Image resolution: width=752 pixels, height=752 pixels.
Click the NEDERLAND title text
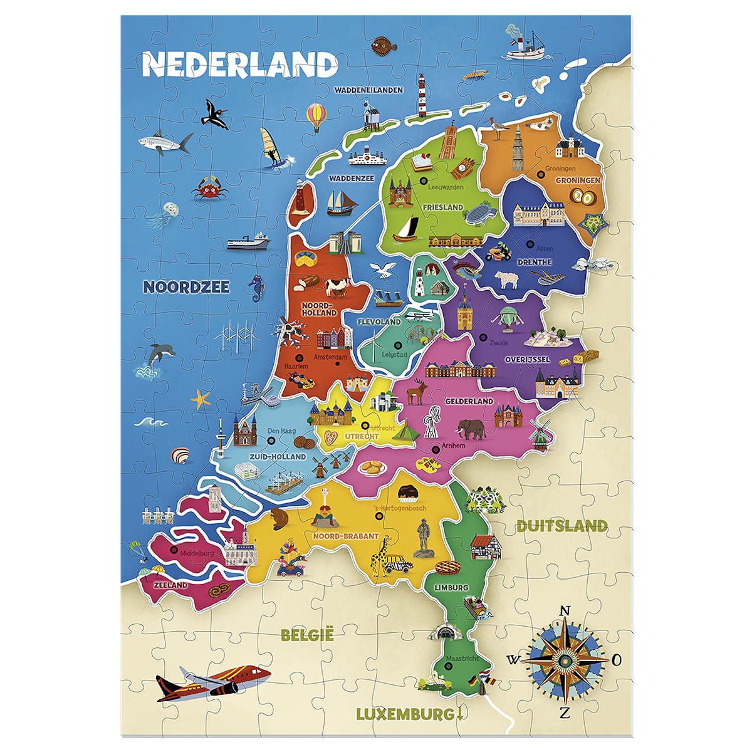[240, 65]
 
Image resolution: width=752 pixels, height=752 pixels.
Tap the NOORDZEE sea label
[186, 287]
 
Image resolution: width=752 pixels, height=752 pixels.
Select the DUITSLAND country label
[561, 526]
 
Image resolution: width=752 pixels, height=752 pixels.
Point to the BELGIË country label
[307, 635]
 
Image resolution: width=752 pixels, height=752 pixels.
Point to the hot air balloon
[316, 117]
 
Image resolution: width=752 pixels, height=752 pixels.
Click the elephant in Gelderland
[472, 429]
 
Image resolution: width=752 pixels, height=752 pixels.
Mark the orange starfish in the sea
[201, 399]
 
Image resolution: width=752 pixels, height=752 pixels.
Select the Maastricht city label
[462, 659]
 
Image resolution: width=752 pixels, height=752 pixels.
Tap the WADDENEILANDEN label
[368, 90]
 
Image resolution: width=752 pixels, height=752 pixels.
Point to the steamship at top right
[525, 47]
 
